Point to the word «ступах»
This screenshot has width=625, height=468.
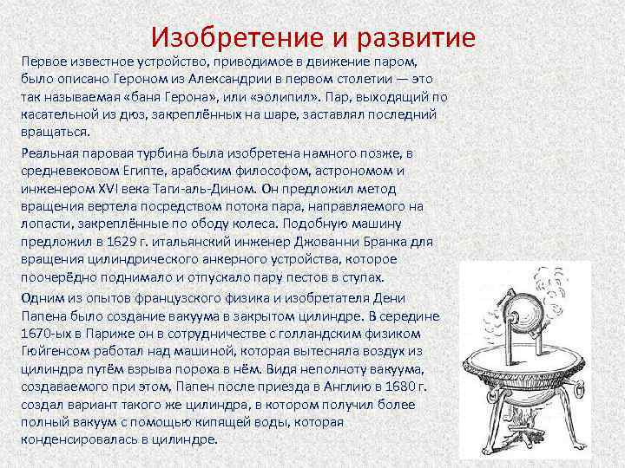[x=359, y=276]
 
